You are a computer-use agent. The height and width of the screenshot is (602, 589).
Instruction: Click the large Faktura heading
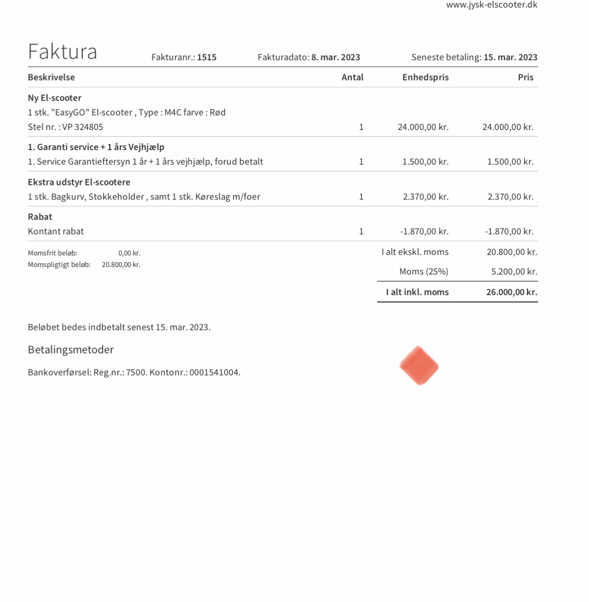point(62,51)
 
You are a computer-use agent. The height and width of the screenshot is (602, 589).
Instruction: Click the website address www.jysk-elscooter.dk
point(491,5)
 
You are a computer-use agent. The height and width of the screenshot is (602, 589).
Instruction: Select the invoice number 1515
point(206,57)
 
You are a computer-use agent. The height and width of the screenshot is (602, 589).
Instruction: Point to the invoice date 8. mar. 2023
point(335,57)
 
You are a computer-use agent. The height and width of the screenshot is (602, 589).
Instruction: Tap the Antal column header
point(352,77)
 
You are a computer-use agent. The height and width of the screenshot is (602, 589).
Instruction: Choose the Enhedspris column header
point(425,77)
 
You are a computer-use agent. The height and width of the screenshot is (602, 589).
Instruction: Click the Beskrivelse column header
point(51,77)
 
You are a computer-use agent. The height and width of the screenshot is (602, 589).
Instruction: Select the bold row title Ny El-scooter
point(54,98)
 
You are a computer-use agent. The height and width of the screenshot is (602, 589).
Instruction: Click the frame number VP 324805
point(83,127)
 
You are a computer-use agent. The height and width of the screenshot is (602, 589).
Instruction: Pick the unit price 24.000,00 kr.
point(423,127)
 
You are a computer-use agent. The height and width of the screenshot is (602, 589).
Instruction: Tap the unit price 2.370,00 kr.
point(425,196)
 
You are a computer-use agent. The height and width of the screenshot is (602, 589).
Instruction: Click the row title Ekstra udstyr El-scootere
point(79,182)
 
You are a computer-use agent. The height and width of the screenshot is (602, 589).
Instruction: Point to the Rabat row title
point(40,217)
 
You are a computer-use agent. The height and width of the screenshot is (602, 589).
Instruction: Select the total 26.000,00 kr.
point(511,292)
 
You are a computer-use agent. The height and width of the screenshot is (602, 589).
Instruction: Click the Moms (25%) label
point(423,272)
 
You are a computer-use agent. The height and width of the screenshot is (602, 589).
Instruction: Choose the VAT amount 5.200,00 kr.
point(514,272)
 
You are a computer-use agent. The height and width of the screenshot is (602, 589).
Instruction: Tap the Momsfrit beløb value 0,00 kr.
point(129,253)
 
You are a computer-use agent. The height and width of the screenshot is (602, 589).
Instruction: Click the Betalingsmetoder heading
point(71,350)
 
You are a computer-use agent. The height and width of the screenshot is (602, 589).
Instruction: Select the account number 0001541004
point(215,373)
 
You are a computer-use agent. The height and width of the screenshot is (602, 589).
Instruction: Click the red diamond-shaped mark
point(419,366)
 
